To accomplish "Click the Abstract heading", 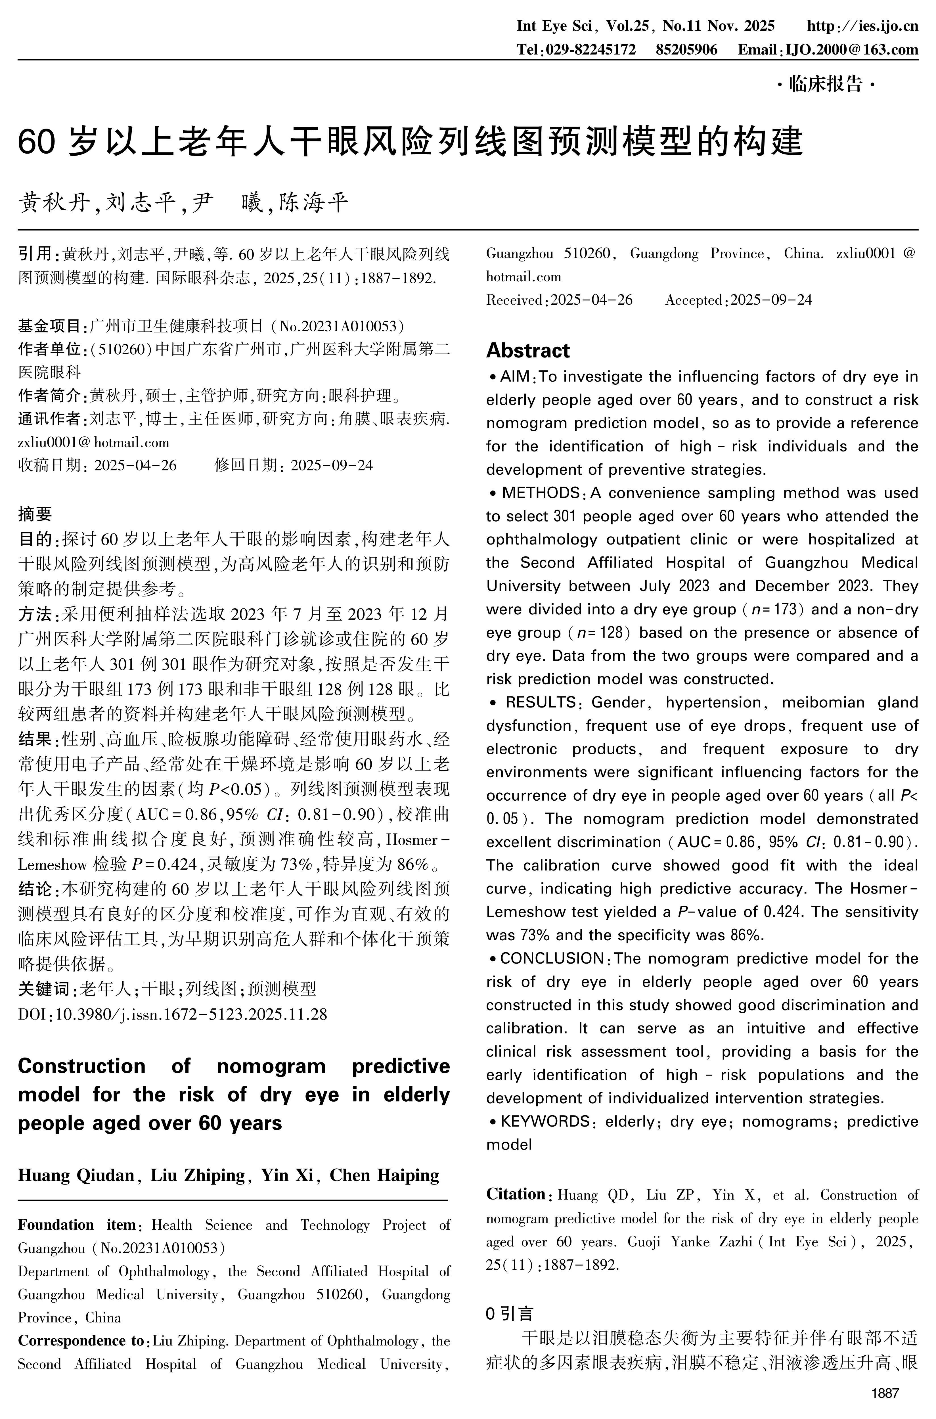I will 528,350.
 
